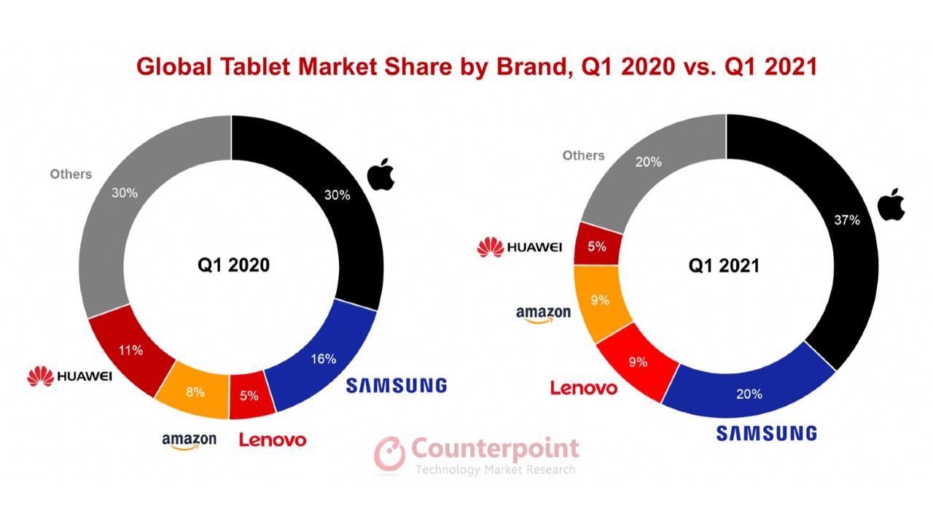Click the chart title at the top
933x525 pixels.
(x=477, y=66)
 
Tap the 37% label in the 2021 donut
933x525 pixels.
(x=848, y=219)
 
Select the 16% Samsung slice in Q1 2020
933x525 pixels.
(x=322, y=359)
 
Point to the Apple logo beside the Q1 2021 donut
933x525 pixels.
(x=890, y=203)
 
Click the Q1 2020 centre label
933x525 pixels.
(x=233, y=265)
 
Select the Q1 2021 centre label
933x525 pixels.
(x=724, y=265)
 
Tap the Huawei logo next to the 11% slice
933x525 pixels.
(x=70, y=377)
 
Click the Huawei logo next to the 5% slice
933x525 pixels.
(x=520, y=248)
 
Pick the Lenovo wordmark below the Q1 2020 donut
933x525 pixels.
(x=273, y=440)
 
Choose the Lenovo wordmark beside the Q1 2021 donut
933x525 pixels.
(x=583, y=388)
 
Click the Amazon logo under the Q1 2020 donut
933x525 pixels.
(x=190, y=440)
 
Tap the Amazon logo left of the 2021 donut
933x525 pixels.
(x=543, y=314)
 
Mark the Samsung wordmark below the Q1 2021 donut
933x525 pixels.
(x=766, y=433)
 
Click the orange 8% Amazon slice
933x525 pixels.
(x=195, y=392)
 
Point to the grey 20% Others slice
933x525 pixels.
(x=648, y=162)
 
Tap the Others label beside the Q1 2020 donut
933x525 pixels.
(x=71, y=174)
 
